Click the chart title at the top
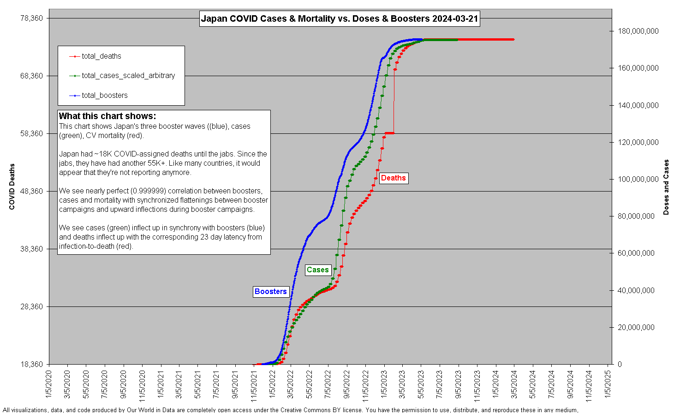pyautogui.click(x=340, y=19)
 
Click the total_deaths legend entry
pyautogui.click(x=101, y=56)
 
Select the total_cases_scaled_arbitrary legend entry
pyautogui.click(x=128, y=76)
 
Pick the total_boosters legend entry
pyautogui.click(x=105, y=96)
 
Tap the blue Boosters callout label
pyautogui.click(x=271, y=292)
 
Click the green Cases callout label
pyautogui.click(x=318, y=270)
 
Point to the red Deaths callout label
pyautogui.click(x=393, y=178)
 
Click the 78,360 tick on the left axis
pyautogui.click(x=32, y=18)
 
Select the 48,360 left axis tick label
pyautogui.click(x=32, y=192)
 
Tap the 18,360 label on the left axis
pyautogui.click(x=32, y=365)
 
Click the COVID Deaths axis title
pyautogui.click(x=12, y=186)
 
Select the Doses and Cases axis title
pyautogui.click(x=666, y=187)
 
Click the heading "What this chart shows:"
pyautogui.click(x=107, y=116)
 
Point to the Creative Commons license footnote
pyautogui.click(x=291, y=410)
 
